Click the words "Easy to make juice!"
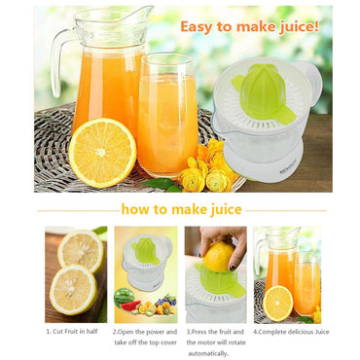pos(249,27)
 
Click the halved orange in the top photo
pos(101,153)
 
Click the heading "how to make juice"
pos(182,209)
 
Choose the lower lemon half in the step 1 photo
pos(73,289)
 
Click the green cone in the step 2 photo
pos(146,251)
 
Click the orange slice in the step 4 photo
pos(277,304)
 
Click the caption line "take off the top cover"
pos(146,343)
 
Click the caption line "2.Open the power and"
pos(146,332)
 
